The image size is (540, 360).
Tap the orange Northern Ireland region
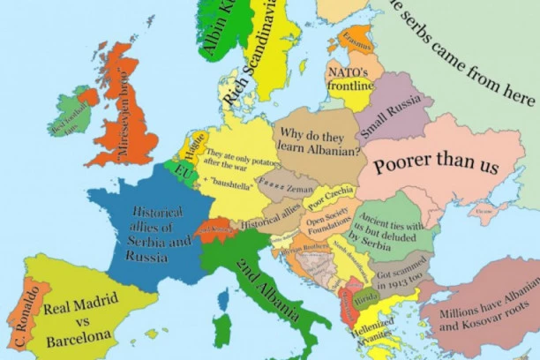88,96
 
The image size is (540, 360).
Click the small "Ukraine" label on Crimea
484,212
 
